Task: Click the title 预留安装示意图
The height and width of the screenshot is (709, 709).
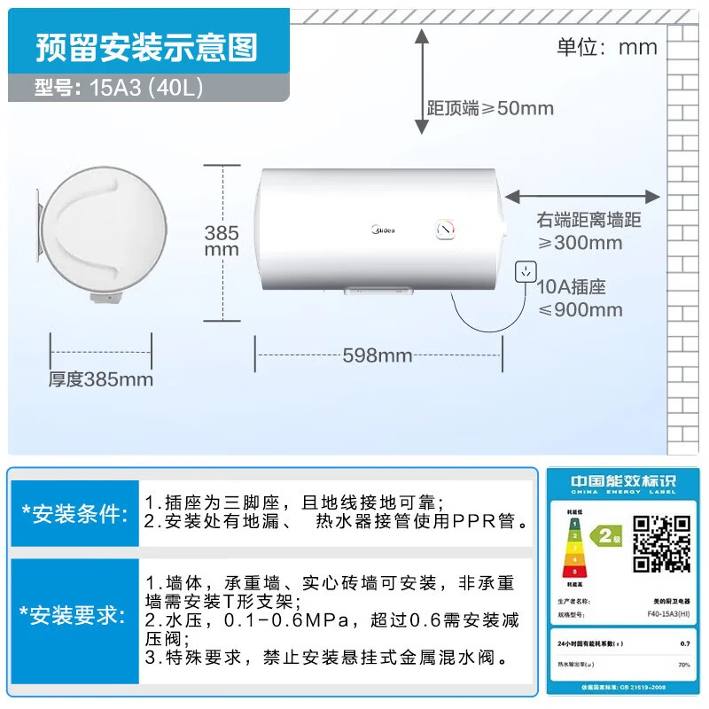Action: click(146, 47)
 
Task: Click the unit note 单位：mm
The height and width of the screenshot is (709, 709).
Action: click(607, 46)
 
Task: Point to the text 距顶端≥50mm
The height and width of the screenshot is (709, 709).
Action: click(490, 108)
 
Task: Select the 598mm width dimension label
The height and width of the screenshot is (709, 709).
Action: click(378, 355)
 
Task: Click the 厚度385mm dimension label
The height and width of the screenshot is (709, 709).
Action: click(101, 379)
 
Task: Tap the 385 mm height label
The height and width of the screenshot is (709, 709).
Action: click(222, 241)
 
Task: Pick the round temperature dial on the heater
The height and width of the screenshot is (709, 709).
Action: click(446, 230)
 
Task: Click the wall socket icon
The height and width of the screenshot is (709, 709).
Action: click(526, 271)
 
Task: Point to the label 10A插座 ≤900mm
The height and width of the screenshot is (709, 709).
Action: click(580, 299)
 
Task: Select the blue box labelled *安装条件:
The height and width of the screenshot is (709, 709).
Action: click(75, 515)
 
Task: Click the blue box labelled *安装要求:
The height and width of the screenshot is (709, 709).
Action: click(75, 616)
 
